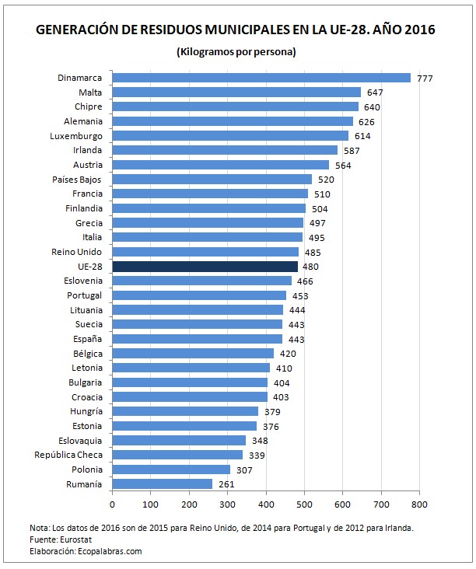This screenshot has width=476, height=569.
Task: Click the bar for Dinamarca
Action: point(261,78)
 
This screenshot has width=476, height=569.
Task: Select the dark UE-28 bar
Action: point(205,266)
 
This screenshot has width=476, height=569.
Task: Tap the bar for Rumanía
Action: point(163,483)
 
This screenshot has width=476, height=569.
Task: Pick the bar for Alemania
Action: point(233,121)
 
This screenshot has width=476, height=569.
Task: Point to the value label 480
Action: point(310,267)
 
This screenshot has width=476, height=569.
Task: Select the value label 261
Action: point(226,484)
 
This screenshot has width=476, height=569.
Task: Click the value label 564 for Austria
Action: point(342,165)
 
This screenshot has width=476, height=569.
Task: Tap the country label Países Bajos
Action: point(76,179)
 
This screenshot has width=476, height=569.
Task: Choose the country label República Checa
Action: point(68,455)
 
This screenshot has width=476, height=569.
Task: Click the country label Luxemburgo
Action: point(76,135)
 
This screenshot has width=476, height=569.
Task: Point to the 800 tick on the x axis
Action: point(419,504)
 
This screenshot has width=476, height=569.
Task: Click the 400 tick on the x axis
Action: point(266,504)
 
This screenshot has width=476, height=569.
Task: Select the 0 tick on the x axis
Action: point(113,504)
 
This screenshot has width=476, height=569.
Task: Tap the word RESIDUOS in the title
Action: point(200,30)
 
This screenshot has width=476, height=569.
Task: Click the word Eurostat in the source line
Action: point(55,539)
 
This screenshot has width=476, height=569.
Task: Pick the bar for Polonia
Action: point(171,470)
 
